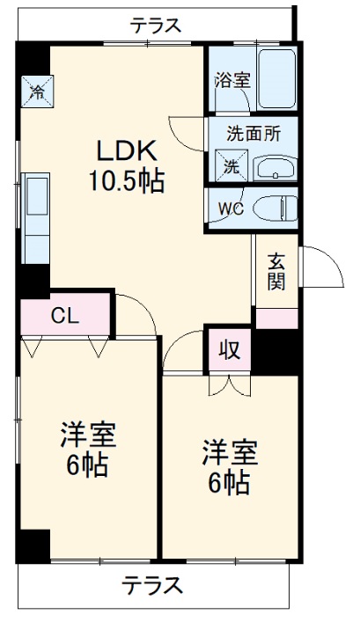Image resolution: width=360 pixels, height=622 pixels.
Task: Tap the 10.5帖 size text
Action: [x=125, y=182]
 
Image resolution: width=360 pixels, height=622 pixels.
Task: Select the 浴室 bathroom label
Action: [x=232, y=80]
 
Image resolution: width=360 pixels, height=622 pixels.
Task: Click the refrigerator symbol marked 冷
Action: [x=37, y=90]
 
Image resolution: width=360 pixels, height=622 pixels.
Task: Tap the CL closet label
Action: [x=63, y=316]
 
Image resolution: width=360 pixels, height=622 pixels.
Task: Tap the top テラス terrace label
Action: [x=157, y=26]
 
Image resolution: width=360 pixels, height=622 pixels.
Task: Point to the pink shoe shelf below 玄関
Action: [x=276, y=318]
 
